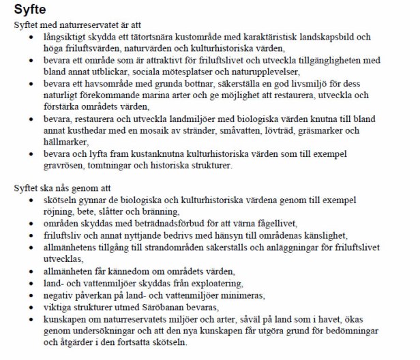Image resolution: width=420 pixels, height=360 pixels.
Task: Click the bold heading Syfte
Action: [x=29, y=9]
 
